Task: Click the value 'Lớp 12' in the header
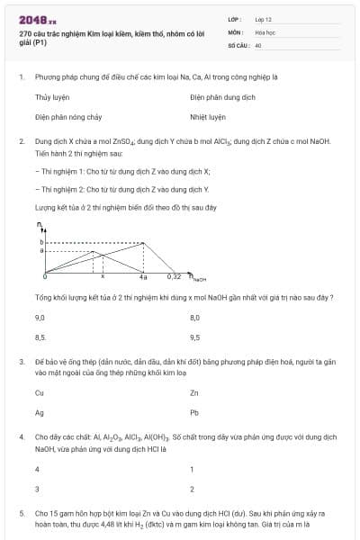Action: [x=263, y=18]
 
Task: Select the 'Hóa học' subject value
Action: [x=265, y=31]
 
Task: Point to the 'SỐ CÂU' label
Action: [x=238, y=43]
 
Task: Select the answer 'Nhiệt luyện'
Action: [x=208, y=117]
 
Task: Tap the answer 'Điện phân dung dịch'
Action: [x=222, y=97]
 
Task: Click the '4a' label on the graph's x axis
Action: [x=142, y=276]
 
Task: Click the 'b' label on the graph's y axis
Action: [x=40, y=241]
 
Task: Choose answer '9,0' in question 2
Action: [x=40, y=318]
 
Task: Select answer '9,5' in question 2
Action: [x=195, y=337]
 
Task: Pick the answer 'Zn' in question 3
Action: [x=194, y=392]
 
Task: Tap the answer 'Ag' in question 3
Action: [x=40, y=412]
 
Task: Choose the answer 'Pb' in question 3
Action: [x=194, y=412]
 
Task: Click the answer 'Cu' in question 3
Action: [x=40, y=392]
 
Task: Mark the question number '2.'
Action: [x=22, y=141]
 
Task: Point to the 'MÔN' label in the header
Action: [x=236, y=31]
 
